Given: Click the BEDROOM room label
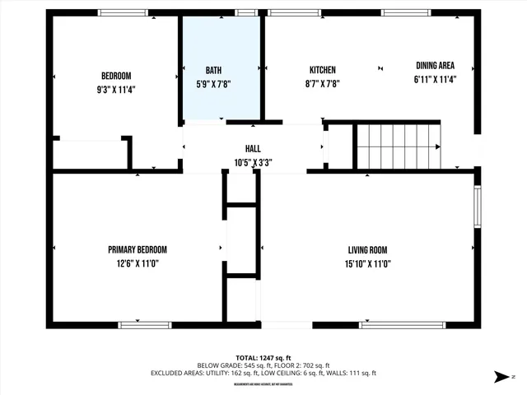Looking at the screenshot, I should (x=116, y=76).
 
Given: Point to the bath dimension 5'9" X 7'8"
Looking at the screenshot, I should (x=213, y=84).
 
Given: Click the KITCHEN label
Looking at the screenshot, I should (x=322, y=70).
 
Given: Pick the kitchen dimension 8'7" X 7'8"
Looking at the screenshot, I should (x=322, y=83).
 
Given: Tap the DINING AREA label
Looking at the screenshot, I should (x=434, y=66).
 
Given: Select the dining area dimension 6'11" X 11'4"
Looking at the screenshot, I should (x=434, y=80).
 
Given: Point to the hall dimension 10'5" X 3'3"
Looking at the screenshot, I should (x=252, y=163).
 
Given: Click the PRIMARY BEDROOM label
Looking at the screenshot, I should (x=138, y=250).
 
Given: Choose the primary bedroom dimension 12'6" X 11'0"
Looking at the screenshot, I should (x=138, y=263).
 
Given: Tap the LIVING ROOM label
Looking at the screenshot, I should (x=367, y=250).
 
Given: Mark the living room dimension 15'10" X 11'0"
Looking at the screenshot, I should (x=367, y=263).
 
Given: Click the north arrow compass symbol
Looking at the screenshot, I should (x=500, y=377).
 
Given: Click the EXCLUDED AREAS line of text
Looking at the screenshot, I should (x=263, y=374).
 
